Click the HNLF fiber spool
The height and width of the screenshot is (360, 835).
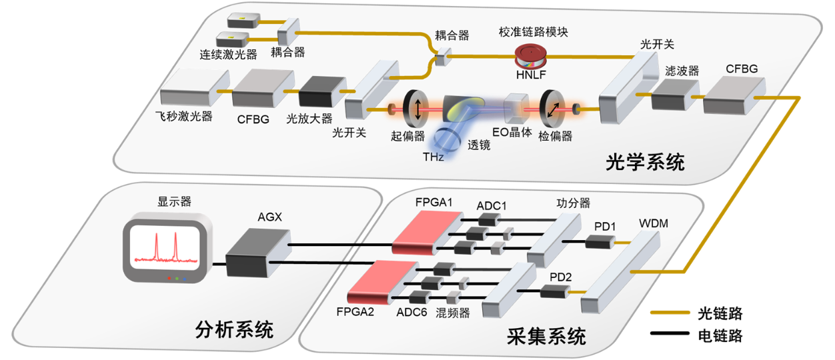[x=531, y=56]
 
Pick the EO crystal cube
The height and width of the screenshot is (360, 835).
[x=516, y=108]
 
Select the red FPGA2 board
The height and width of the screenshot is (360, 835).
[x=383, y=282]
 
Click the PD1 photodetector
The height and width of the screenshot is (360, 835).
[x=600, y=242]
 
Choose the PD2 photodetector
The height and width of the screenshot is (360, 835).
[x=555, y=291]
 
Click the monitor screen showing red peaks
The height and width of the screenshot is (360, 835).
[x=164, y=247]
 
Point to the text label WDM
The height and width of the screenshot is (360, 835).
[x=654, y=223]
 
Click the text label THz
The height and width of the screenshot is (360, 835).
[x=433, y=157]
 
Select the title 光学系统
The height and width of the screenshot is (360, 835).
[x=645, y=162]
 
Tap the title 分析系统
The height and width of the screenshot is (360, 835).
[x=235, y=329]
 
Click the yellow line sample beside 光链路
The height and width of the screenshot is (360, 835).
[x=670, y=312]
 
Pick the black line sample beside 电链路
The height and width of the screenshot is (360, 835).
[x=670, y=333]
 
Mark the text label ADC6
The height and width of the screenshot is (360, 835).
[x=411, y=312]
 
